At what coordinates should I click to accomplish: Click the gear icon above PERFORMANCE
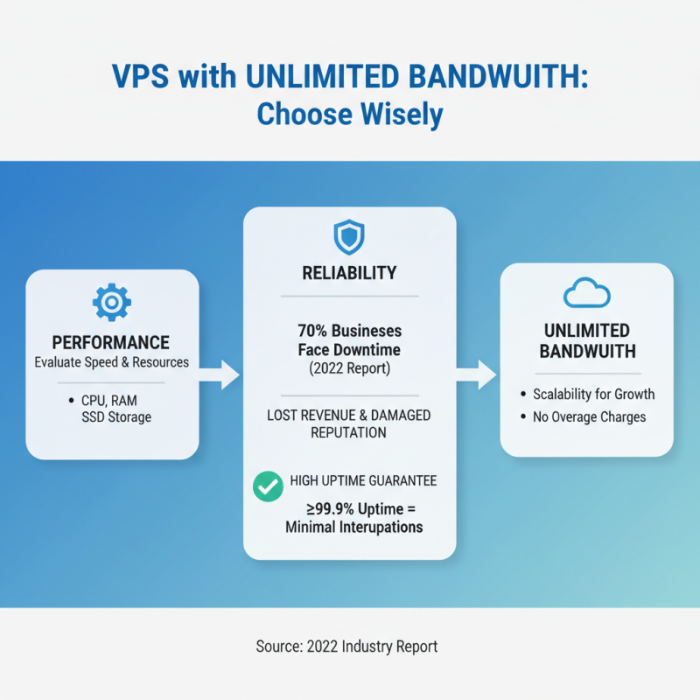click(x=111, y=303)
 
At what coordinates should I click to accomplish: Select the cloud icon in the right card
click(x=586, y=294)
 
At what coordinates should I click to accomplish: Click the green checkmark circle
click(x=268, y=487)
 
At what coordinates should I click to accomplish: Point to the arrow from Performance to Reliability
click(x=220, y=375)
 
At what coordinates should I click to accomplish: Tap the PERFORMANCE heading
click(x=110, y=342)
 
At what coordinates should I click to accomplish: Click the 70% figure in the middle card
click(x=310, y=332)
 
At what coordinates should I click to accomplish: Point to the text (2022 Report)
click(x=349, y=367)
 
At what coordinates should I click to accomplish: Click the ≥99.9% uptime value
click(x=324, y=508)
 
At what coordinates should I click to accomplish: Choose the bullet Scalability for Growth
click(x=593, y=394)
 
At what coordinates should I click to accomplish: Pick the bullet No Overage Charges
click(x=589, y=416)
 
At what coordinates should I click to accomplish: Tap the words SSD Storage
click(x=115, y=416)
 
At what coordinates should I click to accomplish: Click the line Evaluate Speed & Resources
click(x=111, y=362)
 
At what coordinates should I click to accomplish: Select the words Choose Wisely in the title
click(x=350, y=115)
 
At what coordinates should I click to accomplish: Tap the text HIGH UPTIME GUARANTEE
click(x=362, y=481)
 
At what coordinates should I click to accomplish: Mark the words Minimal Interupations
click(x=354, y=528)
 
